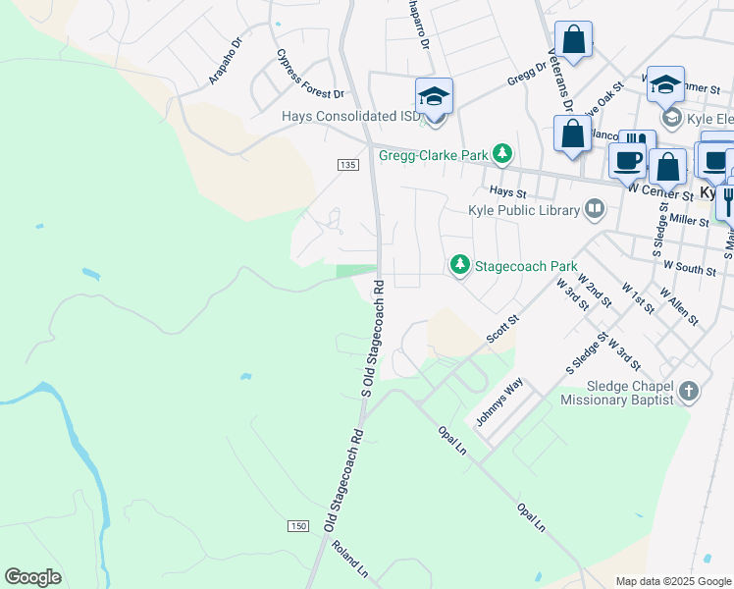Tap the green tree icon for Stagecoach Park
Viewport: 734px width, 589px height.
coord(458,265)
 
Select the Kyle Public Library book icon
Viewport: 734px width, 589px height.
coord(595,208)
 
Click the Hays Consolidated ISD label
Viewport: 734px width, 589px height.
coord(350,116)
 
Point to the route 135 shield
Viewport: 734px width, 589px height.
coord(346,165)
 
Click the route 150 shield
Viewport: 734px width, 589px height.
coord(298,526)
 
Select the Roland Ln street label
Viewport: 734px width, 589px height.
coord(349,560)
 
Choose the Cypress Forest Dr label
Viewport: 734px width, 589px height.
coord(310,75)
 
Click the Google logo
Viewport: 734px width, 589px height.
coord(32,577)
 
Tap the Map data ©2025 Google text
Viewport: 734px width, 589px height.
coord(672,581)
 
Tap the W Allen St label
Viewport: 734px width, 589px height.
coord(678,306)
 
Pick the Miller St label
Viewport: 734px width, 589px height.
coord(690,222)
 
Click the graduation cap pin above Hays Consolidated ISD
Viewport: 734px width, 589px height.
coord(434,97)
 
